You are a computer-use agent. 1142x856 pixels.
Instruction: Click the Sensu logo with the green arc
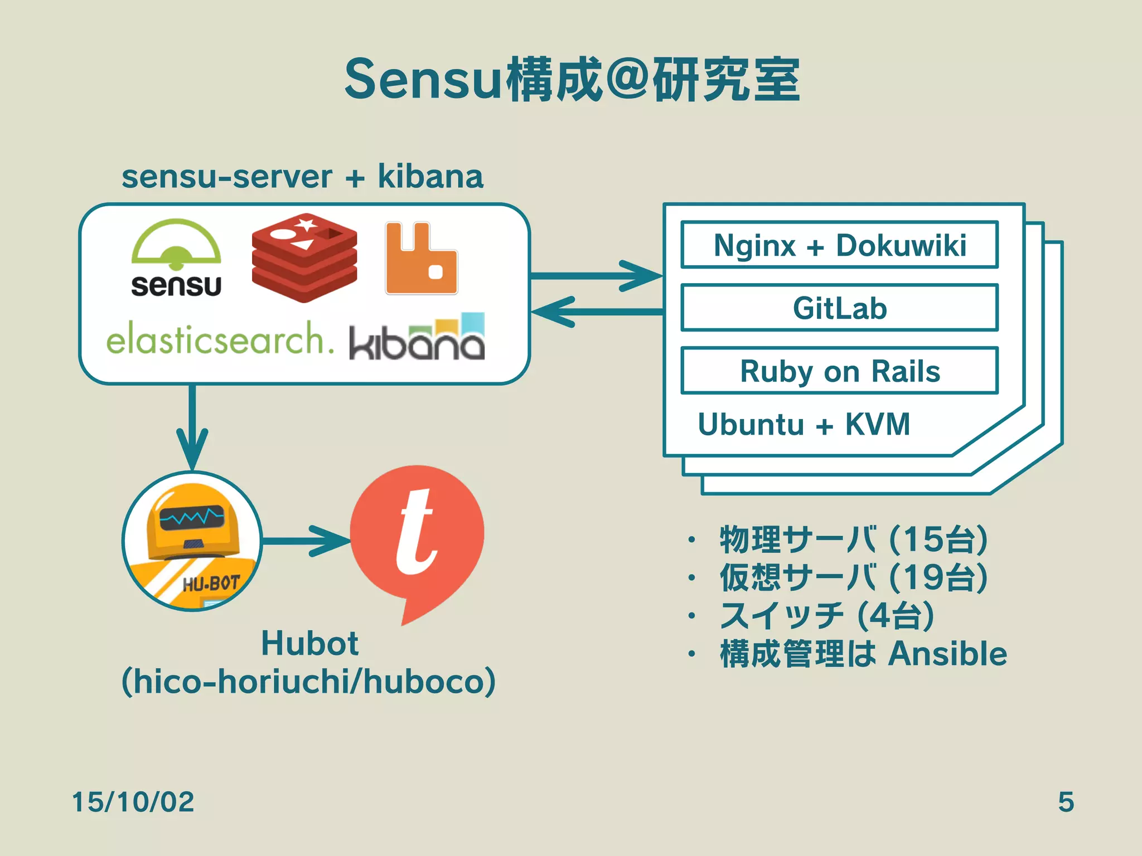coord(176,257)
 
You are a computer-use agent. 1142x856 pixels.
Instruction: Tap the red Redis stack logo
coord(304,257)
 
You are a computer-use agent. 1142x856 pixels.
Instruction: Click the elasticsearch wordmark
coord(220,338)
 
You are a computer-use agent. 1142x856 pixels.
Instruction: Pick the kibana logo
coord(417,338)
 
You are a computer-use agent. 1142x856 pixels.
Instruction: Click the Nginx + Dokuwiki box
coord(839,245)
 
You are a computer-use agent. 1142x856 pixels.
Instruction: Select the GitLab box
coord(839,308)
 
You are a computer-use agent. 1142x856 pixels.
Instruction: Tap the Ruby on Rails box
coord(839,371)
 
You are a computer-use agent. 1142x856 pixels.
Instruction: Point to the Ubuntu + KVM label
coord(804,425)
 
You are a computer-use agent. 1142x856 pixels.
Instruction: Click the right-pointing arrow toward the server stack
coord(597,276)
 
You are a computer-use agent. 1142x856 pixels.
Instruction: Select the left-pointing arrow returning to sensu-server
coord(597,312)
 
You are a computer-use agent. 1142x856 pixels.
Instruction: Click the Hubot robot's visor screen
coord(192,519)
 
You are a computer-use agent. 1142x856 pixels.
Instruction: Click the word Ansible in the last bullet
coord(947,654)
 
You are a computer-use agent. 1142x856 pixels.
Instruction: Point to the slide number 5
coord(1066,802)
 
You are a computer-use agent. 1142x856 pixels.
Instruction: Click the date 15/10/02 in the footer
coord(133,802)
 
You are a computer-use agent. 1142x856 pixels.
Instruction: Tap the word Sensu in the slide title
coord(424,80)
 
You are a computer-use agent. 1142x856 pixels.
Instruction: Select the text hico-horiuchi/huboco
coord(308,681)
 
